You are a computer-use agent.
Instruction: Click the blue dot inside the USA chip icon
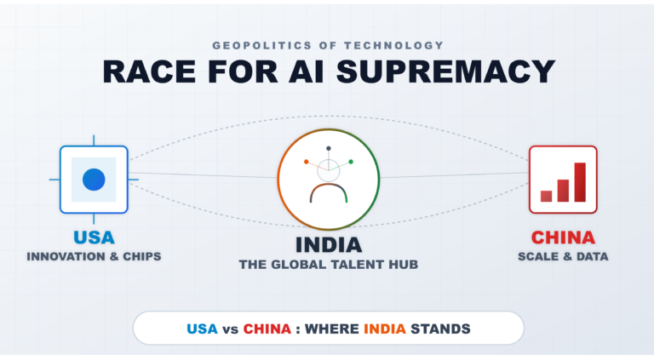[94, 180]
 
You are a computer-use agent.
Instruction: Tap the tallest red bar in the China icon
[580, 181]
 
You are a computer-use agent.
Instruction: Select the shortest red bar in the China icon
[546, 196]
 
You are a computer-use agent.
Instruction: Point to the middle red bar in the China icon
[563, 190]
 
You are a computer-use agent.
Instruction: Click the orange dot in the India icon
[306, 161]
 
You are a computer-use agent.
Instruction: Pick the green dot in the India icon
[350, 161]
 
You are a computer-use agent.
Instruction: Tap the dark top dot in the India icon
[328, 148]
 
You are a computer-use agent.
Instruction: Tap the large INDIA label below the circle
[328, 245]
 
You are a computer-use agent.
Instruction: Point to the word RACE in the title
[151, 71]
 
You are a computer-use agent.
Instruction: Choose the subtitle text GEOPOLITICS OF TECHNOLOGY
[328, 45]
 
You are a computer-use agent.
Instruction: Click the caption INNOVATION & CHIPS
[94, 255]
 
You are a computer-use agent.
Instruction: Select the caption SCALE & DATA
[563, 255]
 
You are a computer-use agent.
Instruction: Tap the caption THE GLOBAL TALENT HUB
[328, 265]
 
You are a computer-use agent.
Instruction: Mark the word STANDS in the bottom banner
[443, 328]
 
